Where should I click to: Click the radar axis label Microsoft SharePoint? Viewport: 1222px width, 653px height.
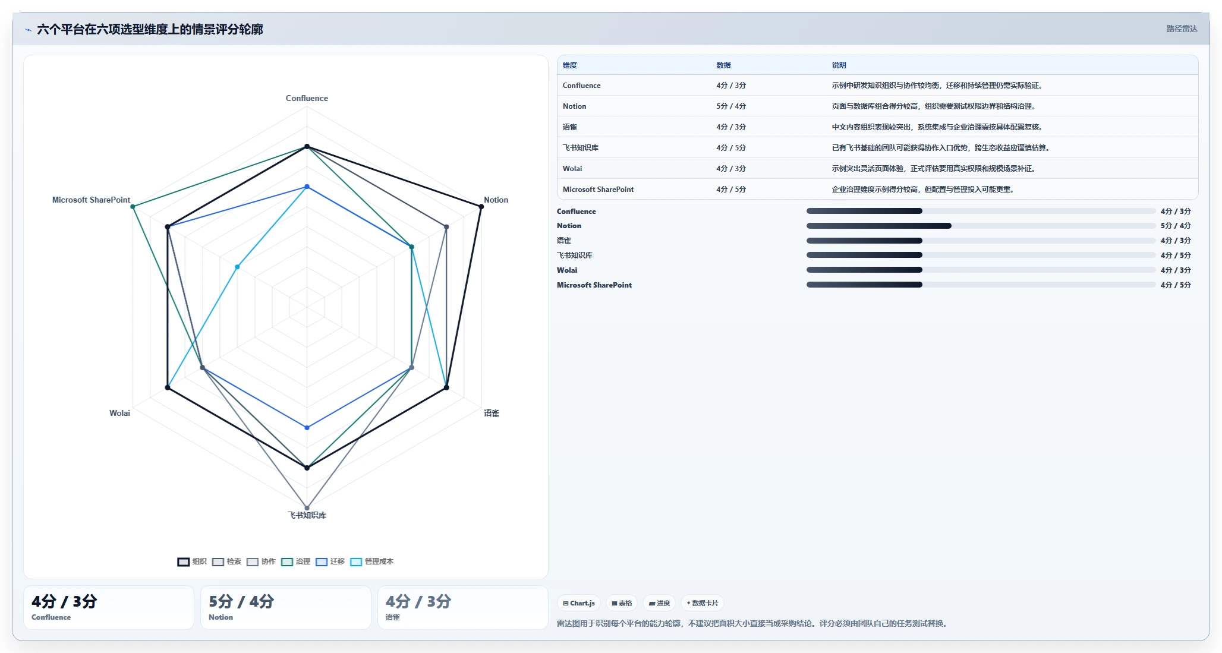point(91,200)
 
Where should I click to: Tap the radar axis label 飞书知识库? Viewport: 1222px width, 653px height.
point(307,515)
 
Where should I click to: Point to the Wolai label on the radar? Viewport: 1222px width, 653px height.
point(119,413)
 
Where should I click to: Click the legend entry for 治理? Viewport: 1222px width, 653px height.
point(296,561)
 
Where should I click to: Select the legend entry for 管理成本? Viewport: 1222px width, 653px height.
point(372,561)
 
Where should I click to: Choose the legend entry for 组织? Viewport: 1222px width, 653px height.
point(192,561)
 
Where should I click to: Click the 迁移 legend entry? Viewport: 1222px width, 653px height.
point(330,561)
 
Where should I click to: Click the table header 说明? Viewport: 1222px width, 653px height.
point(839,65)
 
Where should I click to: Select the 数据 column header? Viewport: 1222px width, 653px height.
point(723,65)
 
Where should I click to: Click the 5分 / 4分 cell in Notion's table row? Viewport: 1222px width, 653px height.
point(731,106)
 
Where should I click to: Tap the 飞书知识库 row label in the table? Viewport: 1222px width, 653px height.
point(581,148)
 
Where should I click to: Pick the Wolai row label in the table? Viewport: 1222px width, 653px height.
point(572,169)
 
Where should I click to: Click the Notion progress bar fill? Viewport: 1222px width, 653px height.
point(879,226)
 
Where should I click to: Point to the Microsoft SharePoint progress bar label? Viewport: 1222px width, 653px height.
point(594,285)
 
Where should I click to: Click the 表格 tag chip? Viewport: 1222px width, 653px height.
point(622,603)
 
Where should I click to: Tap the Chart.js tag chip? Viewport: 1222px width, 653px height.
point(579,603)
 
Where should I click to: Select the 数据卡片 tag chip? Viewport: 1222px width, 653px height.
point(703,603)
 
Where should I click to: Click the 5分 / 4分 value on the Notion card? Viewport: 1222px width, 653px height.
point(241,601)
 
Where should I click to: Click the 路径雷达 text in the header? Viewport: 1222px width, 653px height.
point(1182,29)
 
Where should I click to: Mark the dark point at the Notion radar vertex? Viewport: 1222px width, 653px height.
point(481,207)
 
